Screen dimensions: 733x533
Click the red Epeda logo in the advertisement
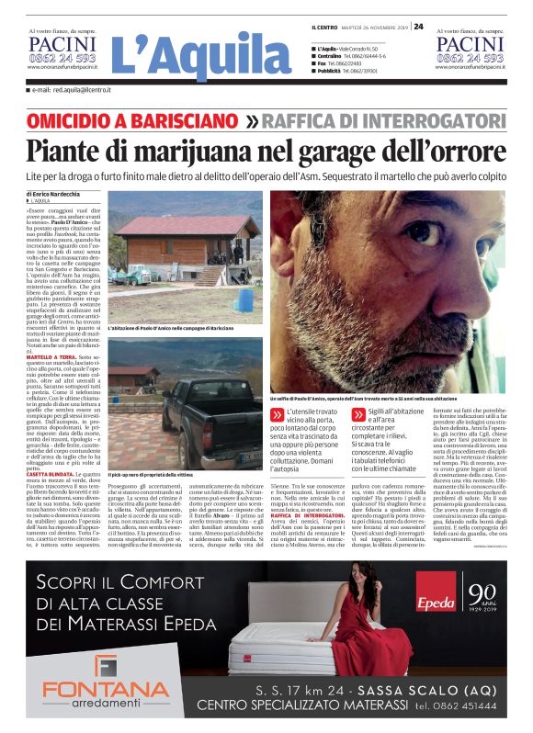tap(436, 605)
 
